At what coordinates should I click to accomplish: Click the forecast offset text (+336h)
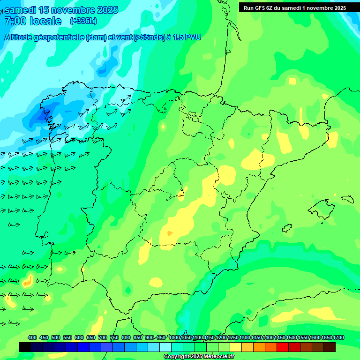click(83, 21)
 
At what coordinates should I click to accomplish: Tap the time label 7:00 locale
click(33, 21)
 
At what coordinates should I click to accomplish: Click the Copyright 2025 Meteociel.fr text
click(199, 357)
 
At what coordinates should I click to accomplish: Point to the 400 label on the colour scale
click(32, 337)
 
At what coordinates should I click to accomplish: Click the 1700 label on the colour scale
click(339, 337)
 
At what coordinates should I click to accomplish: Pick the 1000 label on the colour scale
click(174, 337)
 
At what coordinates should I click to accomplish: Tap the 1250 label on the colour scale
click(233, 337)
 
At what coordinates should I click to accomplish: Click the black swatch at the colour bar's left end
click(25, 347)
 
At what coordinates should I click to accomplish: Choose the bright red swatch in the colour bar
click(283, 347)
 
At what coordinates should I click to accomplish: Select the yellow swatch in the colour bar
click(236, 347)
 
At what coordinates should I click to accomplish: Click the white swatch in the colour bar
click(165, 347)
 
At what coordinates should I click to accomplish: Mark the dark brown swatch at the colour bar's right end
click(330, 347)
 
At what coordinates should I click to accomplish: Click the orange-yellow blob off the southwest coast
click(27, 281)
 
